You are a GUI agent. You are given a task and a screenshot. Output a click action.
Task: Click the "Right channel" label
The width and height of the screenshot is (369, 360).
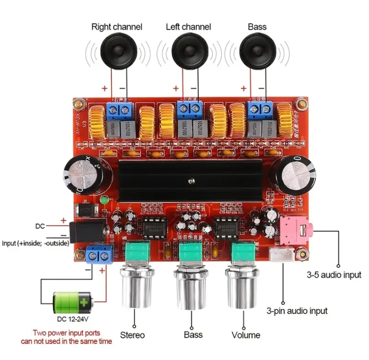117,27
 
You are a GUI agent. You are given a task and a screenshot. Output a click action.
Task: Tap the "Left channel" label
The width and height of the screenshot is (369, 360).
188,27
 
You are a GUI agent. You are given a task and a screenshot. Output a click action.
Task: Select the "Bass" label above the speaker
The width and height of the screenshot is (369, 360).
257,27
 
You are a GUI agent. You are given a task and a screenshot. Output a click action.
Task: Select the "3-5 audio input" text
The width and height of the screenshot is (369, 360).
334,275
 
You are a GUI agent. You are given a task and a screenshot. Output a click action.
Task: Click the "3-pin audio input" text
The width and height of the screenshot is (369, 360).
297,311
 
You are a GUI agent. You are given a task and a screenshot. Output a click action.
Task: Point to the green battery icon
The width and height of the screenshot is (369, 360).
72,303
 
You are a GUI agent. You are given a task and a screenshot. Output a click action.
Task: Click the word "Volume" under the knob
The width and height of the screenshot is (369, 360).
246,335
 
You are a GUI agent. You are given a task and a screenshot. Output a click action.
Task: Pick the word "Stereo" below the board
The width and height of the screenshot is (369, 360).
132,335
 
